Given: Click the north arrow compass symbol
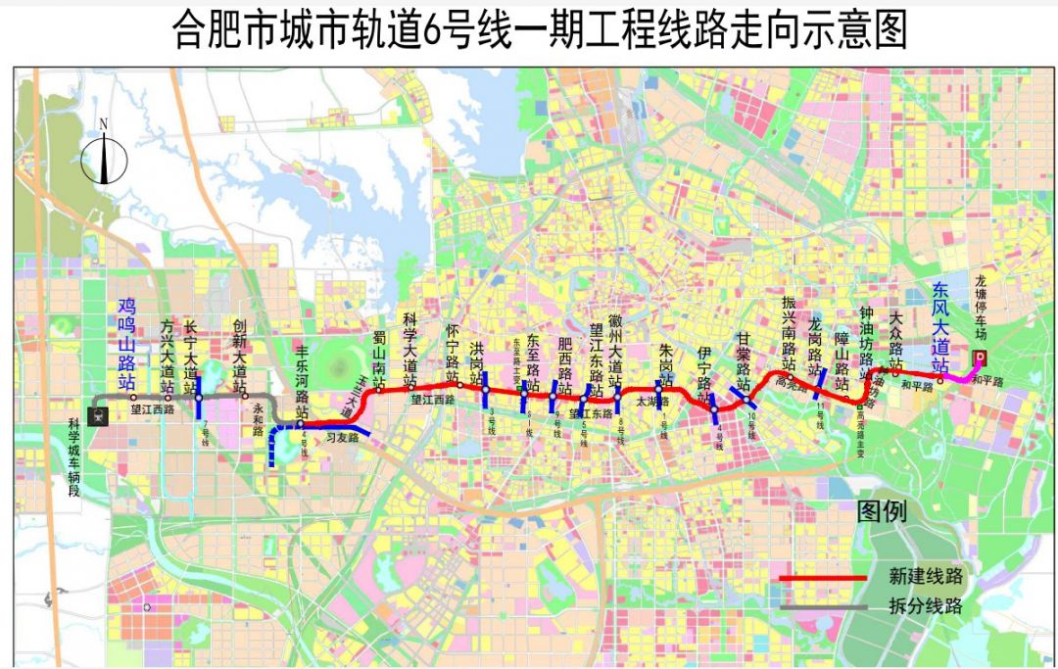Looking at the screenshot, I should coord(103,156).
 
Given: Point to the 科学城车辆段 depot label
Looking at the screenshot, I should coord(73,459).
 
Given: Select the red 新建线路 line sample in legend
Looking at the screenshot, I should coord(822,578).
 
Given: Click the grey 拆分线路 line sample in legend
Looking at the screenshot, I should coord(822,607).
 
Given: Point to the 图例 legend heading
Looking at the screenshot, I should coord(882,510).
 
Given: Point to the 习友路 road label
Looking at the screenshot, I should coord(342,440).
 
